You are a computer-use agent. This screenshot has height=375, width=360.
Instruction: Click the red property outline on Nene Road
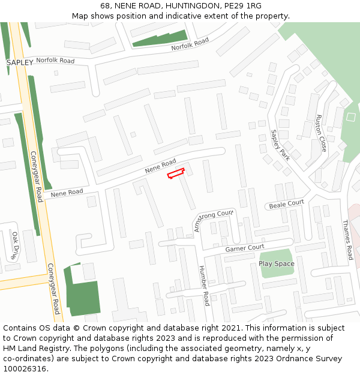pos(175,174)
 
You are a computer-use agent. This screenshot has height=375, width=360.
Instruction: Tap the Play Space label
pos(277,263)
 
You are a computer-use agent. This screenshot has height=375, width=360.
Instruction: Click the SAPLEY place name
pos(20,62)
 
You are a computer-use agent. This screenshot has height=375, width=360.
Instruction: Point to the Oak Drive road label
pos(16,245)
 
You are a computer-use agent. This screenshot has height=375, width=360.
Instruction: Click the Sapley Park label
pos(280,145)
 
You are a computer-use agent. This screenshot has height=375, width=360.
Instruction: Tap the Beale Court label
pos(286,204)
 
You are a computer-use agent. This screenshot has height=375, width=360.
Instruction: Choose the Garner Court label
pos(245,248)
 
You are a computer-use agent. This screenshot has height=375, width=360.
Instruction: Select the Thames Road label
pos(347,239)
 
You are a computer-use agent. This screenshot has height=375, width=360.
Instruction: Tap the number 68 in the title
pos(105,6)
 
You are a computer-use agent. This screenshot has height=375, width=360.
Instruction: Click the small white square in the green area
pos(351,116)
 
